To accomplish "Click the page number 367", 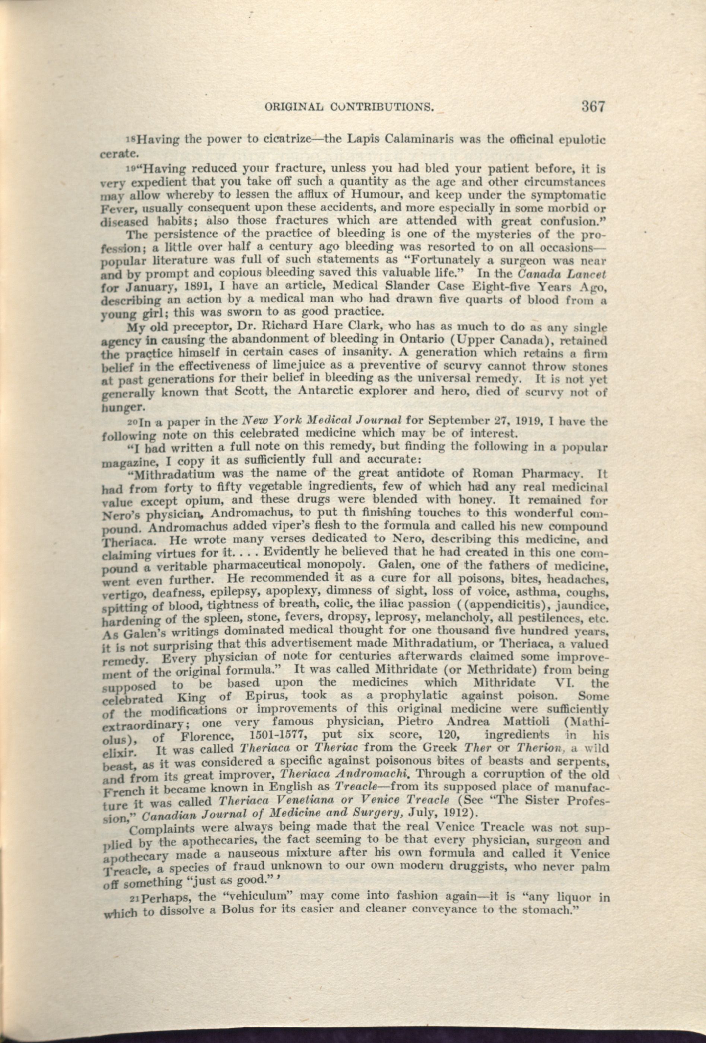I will pos(593,107).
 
